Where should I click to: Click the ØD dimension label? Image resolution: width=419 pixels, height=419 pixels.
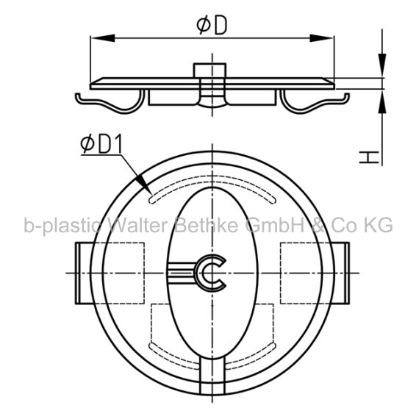click(x=212, y=25)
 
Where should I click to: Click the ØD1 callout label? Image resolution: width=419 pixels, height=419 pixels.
click(x=101, y=144)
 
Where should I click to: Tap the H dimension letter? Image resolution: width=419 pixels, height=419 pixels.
click(x=369, y=157)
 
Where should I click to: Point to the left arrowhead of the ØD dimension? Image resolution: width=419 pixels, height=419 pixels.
click(x=103, y=38)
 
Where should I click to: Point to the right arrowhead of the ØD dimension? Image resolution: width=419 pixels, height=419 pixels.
click(x=322, y=38)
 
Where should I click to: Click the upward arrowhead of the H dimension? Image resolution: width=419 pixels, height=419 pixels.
click(x=382, y=101)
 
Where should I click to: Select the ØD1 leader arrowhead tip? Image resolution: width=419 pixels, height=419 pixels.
click(x=152, y=194)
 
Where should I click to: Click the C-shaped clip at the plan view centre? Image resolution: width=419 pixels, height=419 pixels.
click(x=211, y=273)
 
